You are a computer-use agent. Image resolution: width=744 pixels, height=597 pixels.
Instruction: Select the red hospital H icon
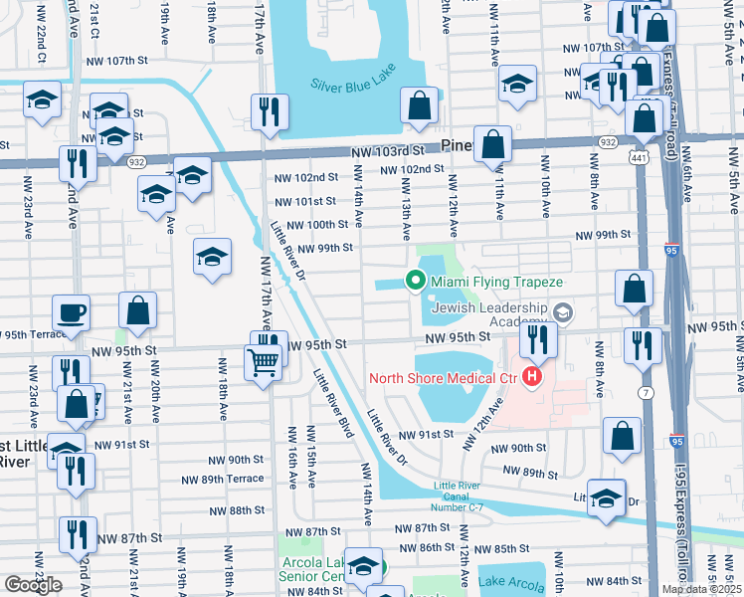pyautogui.click(x=532, y=377)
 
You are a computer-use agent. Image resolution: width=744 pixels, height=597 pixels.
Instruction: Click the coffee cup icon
pyautogui.click(x=71, y=313)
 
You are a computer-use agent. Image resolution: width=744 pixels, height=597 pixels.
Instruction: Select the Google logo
pyautogui.click(x=33, y=585)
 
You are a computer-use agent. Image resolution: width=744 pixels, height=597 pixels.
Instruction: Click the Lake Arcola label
pyautogui.click(x=510, y=582)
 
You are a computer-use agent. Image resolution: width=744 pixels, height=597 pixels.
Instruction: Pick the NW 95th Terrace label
pyautogui.click(x=37, y=334)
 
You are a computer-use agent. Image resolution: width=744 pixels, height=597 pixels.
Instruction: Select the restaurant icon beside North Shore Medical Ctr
pyautogui.click(x=537, y=342)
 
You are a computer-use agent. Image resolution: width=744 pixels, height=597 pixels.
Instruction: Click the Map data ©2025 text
pyautogui.click(x=701, y=589)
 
